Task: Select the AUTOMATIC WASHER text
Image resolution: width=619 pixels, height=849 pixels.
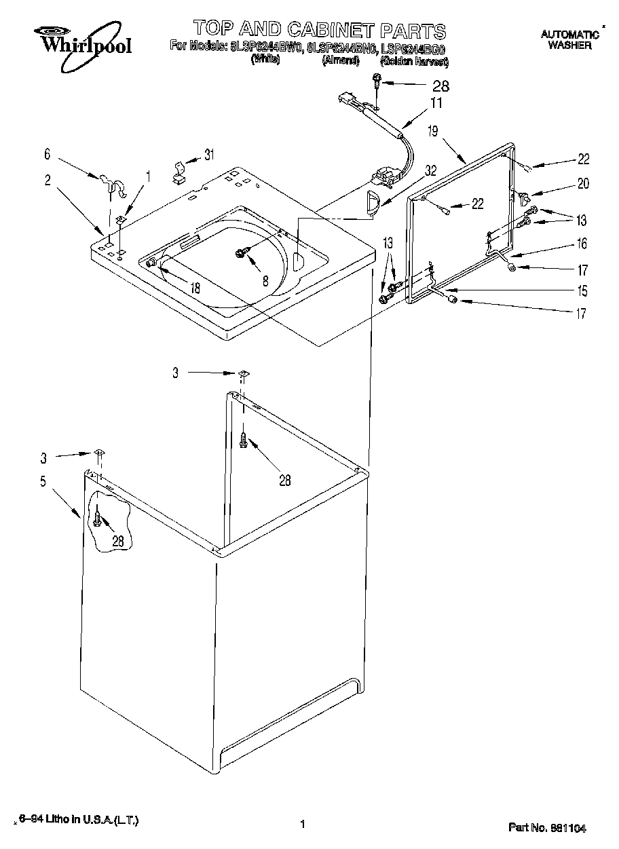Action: (x=569, y=39)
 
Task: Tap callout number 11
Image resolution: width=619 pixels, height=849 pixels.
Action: (x=436, y=103)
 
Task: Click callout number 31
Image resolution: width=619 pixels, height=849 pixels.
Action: (x=209, y=155)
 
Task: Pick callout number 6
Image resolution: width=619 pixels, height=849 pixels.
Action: (x=48, y=155)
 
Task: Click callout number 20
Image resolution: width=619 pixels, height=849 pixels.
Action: (x=583, y=183)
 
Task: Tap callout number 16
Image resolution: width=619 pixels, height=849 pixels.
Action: (x=582, y=244)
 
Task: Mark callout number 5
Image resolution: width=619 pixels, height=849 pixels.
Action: (x=43, y=482)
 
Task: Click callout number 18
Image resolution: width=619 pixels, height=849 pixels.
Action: (x=195, y=288)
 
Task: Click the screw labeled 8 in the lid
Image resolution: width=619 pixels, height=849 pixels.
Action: (x=240, y=252)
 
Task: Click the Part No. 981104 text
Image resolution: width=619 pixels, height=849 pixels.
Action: (x=547, y=827)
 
